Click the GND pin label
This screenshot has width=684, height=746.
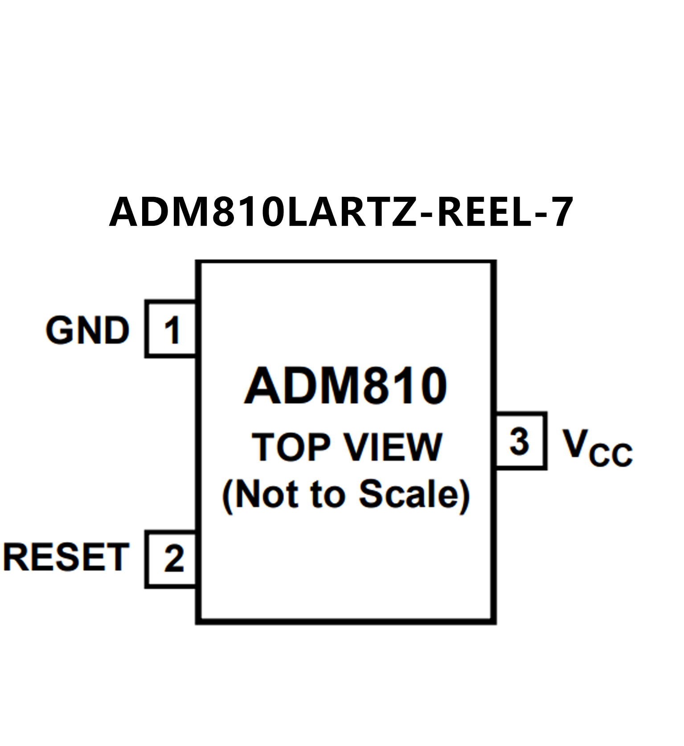point(87,330)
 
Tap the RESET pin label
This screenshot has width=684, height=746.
point(66,557)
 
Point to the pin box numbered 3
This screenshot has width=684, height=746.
point(520,441)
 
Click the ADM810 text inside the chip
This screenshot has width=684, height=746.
point(345,386)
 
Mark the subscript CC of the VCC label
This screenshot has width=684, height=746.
point(610,455)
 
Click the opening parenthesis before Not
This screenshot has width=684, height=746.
point(228,495)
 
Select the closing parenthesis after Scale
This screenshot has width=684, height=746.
point(464,495)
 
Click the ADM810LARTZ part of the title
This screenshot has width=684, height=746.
point(263,212)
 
